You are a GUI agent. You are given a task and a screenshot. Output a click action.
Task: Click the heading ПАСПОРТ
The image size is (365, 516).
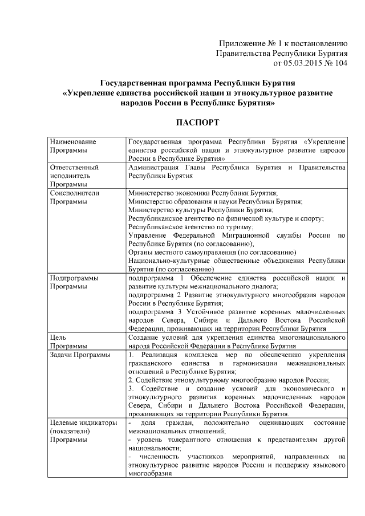click(x=197, y=123)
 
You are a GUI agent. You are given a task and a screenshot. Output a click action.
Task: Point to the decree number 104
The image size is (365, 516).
click(x=340, y=63)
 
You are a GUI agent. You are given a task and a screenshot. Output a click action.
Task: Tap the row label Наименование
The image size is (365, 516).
click(x=73, y=141)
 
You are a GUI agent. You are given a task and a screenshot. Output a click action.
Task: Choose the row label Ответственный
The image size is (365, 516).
click(x=75, y=168)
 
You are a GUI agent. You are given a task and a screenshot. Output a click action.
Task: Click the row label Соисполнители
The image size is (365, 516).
click(x=75, y=193)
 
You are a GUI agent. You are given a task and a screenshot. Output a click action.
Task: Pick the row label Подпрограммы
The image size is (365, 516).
click(x=74, y=278)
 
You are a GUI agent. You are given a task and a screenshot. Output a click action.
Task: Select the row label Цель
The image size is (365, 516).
click(x=58, y=338)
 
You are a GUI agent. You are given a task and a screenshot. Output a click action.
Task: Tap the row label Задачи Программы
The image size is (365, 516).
click(x=80, y=355)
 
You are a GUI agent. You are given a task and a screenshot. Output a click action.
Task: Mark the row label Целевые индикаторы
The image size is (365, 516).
click(x=84, y=422)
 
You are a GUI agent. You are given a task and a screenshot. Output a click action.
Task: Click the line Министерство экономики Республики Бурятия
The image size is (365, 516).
click(x=203, y=193)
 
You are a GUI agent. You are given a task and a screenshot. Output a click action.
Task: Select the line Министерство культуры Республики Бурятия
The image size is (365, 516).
click(x=201, y=210)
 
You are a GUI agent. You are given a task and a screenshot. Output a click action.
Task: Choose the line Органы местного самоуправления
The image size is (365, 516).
click(x=212, y=252)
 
